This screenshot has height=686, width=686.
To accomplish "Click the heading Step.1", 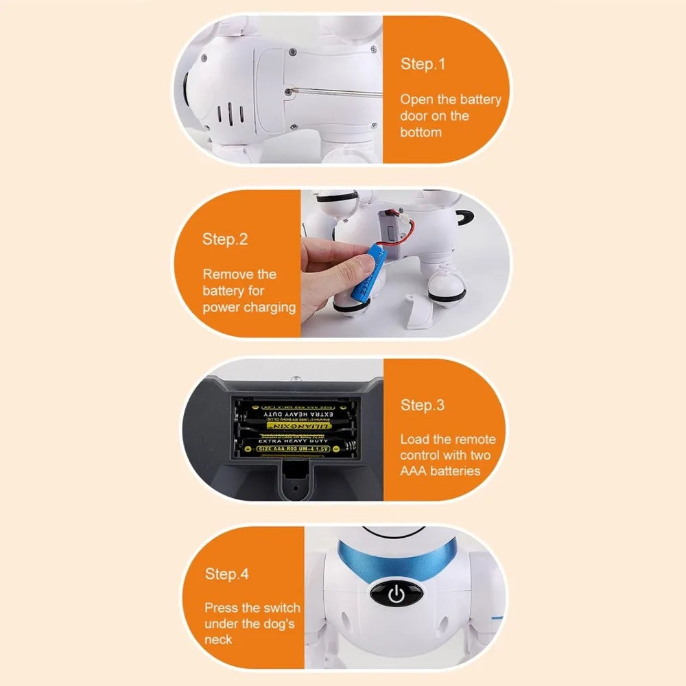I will point(423,64).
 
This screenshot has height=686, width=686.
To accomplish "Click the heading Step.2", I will point(224,239).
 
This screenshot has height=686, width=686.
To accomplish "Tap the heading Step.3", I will point(423,405).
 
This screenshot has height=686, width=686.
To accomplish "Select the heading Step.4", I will point(226,574).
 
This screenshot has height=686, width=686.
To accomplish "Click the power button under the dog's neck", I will point(397,594).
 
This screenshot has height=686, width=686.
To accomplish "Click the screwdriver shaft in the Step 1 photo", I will point(329,92).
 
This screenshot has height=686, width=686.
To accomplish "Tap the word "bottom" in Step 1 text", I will point(421,132).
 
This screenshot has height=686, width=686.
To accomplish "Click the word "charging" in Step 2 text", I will point(269,308).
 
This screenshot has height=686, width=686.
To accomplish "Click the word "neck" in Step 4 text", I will point(218,640).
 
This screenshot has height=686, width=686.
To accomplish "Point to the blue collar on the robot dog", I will point(398,559).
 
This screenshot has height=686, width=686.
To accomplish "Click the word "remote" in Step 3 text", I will point(474,440).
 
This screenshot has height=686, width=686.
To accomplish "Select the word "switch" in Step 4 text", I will point(282,608).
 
